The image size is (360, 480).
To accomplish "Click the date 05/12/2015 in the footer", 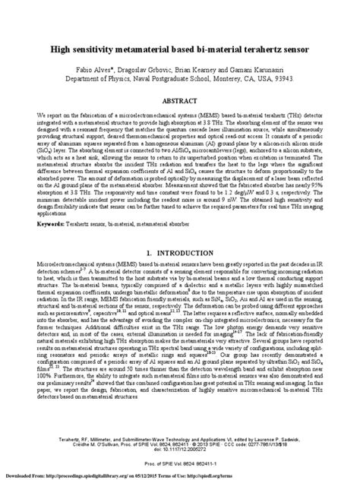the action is pyautogui.click(x=196, y=473).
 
